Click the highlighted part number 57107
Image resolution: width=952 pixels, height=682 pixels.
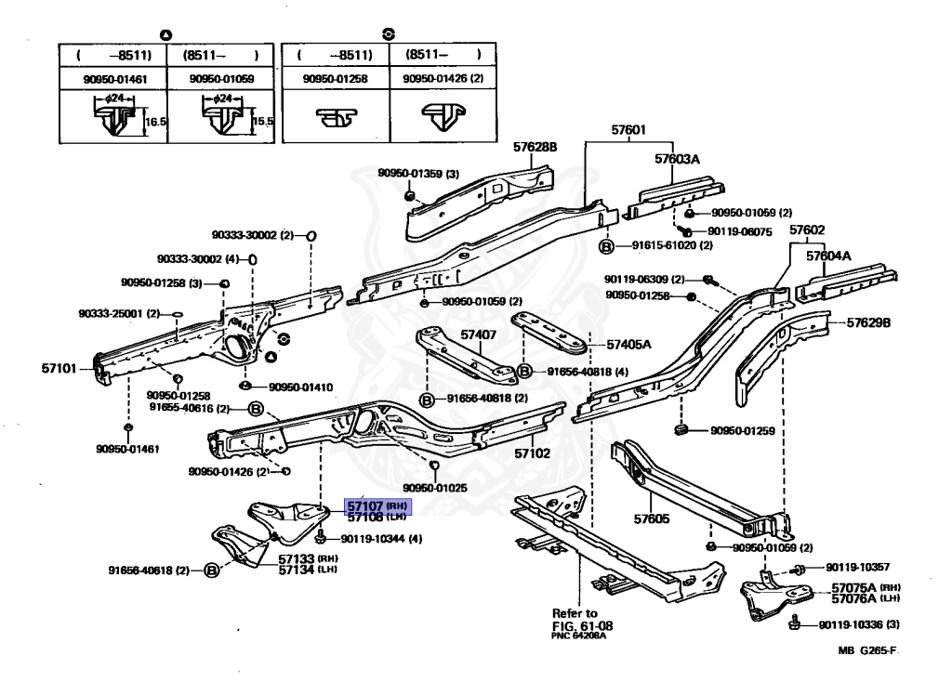(x=364, y=505)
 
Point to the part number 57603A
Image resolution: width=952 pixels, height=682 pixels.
(x=676, y=159)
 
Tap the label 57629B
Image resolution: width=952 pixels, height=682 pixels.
(x=868, y=323)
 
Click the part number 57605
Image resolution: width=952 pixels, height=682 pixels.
(x=651, y=518)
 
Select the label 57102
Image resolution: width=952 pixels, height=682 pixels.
(x=533, y=453)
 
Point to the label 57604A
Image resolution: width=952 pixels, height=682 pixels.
(x=828, y=256)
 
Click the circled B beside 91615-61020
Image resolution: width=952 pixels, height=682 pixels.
(x=605, y=246)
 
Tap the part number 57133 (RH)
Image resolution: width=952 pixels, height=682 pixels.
(x=298, y=559)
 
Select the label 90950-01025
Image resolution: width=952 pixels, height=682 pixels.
(x=435, y=487)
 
